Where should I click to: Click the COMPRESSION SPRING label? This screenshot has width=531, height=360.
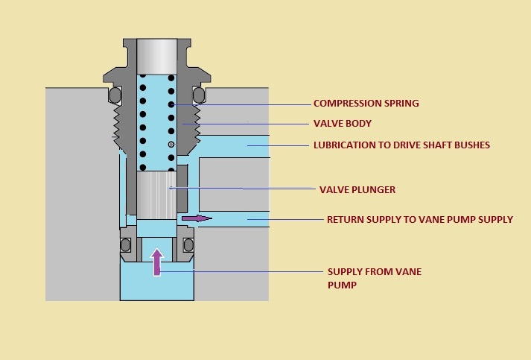pyautogui.click(x=366, y=103)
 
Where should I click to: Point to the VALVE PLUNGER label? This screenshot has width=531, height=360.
pyautogui.click(x=357, y=189)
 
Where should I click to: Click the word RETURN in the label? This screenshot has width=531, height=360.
pyautogui.click(x=345, y=219)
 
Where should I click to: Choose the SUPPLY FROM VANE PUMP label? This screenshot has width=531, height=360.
pyautogui.click(x=374, y=277)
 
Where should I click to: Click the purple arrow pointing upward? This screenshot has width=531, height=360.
pyautogui.click(x=157, y=262)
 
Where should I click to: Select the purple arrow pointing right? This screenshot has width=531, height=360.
pyautogui.click(x=197, y=218)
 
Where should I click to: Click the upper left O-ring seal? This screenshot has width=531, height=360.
pyautogui.click(x=115, y=95)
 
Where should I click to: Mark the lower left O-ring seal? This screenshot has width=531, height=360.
pyautogui.click(x=126, y=244)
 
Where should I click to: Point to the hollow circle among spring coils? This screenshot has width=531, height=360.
pyautogui.click(x=171, y=144)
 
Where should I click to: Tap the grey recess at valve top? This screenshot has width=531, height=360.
pyautogui.click(x=157, y=54)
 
